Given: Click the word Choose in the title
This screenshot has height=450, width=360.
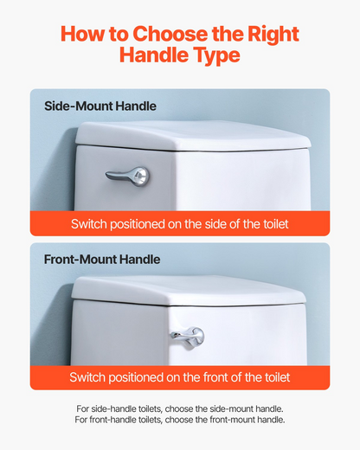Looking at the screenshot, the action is tap(170, 34).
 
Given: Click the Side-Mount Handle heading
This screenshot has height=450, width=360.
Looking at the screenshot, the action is tap(100, 106).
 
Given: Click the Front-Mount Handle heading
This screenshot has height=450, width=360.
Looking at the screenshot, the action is tap(102, 260).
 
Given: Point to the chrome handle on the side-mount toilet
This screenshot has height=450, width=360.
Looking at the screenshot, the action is tap(128, 176).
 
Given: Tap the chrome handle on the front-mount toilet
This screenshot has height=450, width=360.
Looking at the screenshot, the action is tap(188, 337).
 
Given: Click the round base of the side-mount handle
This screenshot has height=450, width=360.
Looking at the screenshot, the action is tap(140, 177).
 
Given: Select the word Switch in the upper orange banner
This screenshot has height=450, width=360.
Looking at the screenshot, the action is tap(89, 224).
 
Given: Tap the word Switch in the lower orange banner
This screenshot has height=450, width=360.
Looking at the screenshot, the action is tap(87, 377).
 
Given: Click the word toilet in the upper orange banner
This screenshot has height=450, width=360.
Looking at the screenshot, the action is tap(276, 224).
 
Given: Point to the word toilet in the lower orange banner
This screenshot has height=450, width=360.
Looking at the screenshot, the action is tap(278, 377).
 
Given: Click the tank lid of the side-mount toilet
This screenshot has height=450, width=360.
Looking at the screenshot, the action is tap(193, 136).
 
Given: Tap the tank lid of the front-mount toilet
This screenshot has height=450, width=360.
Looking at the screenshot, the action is tap(189, 291).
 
